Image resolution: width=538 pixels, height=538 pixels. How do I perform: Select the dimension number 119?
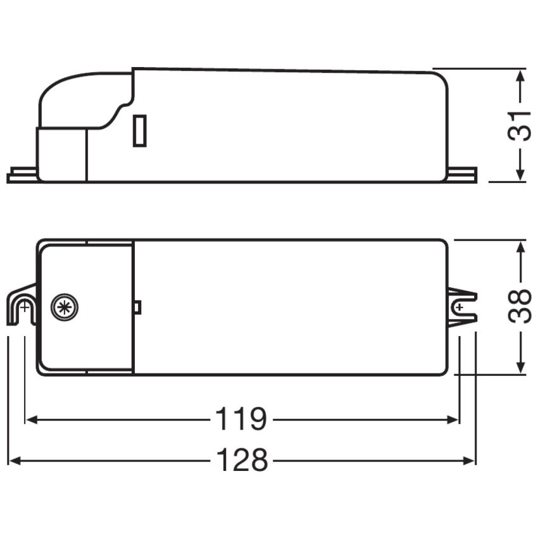click(241, 419)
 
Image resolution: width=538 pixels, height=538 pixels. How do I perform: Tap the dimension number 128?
click(242, 460)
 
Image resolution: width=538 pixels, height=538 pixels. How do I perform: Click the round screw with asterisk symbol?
click(65, 308)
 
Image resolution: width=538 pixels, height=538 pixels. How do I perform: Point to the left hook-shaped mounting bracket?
click(22, 305)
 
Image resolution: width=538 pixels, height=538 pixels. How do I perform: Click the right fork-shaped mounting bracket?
click(463, 308)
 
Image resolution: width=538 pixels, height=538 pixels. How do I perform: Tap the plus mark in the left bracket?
click(24, 308)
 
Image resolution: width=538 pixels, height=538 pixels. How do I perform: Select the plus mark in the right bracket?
click(460, 308)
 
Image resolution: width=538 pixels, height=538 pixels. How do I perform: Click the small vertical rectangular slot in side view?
click(140, 131)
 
